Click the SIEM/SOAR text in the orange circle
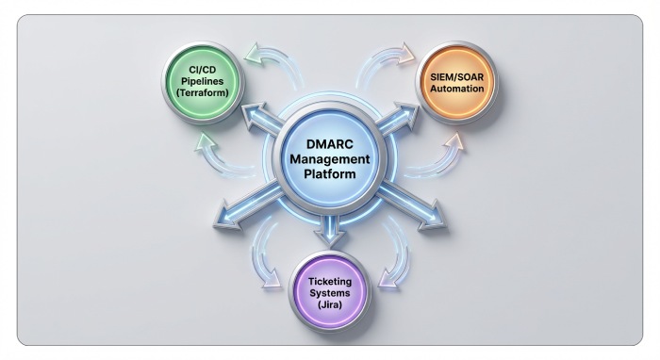[456, 75]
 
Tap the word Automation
[456, 89]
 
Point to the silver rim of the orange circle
[494, 82]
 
